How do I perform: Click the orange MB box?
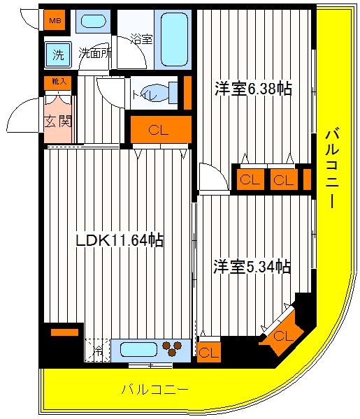pos(53,21)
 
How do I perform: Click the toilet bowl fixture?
pos(159,91)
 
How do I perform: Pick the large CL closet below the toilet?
pos(159,129)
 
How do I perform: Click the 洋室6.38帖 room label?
pos(253,89)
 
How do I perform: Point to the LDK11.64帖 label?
pos(120,241)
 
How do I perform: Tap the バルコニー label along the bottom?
pos(154,390)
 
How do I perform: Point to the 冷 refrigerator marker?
pos(97,350)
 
